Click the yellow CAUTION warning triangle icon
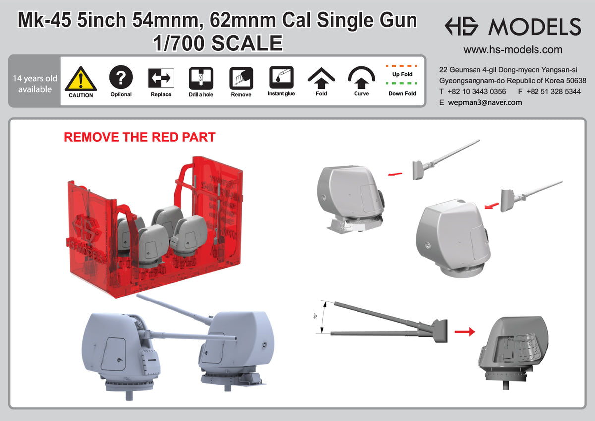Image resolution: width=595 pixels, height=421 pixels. (x=81, y=79)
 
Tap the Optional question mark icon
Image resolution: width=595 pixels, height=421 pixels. (x=121, y=77)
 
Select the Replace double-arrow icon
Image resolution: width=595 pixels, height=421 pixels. (x=161, y=78)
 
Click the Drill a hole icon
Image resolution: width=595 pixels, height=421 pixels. (x=201, y=78)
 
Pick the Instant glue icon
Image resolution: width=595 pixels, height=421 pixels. (x=281, y=77)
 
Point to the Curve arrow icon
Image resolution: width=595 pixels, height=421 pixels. (x=361, y=77)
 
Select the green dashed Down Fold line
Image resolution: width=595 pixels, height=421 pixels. (x=402, y=84)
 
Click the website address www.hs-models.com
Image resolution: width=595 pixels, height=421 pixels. (x=513, y=50)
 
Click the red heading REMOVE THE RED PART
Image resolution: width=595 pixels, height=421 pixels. (x=140, y=137)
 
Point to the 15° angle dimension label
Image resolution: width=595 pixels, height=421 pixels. (x=316, y=315)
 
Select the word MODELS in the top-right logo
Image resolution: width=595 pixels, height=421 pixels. (x=534, y=27)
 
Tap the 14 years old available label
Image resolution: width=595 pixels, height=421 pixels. (x=35, y=84)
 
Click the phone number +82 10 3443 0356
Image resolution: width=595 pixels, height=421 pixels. (x=476, y=92)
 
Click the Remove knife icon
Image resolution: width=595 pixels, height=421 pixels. (x=241, y=78)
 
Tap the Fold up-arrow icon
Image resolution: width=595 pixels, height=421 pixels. (x=321, y=77)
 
